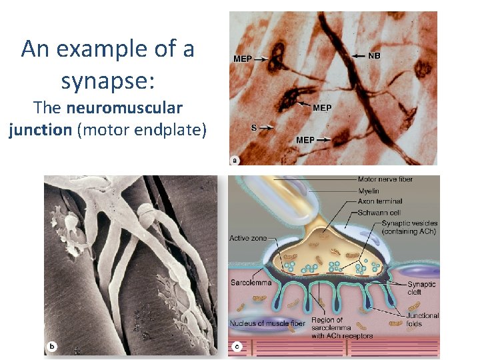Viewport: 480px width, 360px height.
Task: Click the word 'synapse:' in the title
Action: [x=107, y=81]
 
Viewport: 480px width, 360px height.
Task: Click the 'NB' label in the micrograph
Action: [x=374, y=56]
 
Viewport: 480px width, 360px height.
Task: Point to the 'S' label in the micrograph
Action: [x=253, y=126]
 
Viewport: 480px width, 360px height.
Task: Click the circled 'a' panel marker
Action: [x=235, y=159]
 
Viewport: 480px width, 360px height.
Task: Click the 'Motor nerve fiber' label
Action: [x=385, y=179]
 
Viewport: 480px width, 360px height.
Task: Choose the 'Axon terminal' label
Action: [x=380, y=201]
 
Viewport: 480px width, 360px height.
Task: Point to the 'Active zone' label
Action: [x=248, y=238]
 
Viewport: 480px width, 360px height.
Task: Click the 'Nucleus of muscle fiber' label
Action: [x=267, y=323]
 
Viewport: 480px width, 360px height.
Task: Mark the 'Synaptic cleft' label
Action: [x=421, y=288]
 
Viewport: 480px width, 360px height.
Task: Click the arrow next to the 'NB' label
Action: [x=358, y=56]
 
